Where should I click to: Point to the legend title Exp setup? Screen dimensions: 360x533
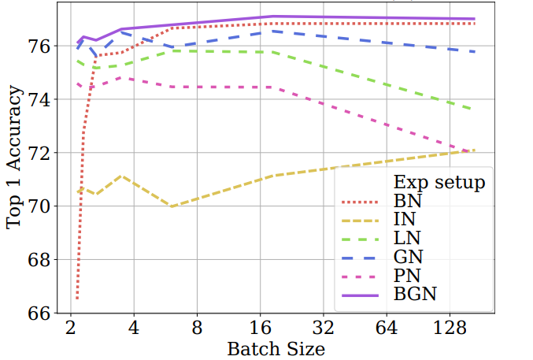point(439,183)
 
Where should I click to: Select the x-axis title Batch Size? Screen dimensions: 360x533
point(276,347)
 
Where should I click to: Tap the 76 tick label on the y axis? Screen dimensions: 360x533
point(41,46)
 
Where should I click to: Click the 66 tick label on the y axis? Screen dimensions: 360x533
point(41,314)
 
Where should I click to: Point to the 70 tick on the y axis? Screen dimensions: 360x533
point(41,206)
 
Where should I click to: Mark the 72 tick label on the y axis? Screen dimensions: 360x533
point(41,153)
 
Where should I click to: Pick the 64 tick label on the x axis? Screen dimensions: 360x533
point(387,326)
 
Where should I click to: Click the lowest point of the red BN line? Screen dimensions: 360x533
point(77,299)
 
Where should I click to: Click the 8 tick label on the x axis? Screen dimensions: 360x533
point(197,326)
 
